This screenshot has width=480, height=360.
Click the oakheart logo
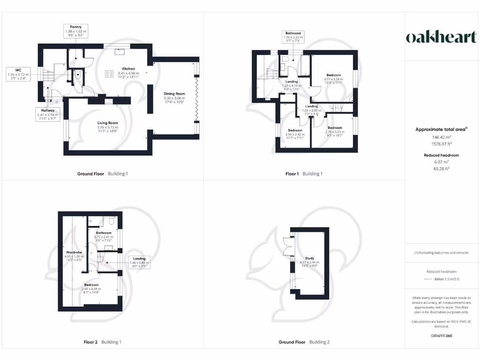tap(441, 37)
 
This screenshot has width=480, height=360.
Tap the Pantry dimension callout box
tap(75, 31)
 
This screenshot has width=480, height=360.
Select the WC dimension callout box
tap(18, 74)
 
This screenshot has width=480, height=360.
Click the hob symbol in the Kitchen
tap(109, 73)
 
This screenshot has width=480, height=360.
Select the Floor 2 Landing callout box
tap(139, 261)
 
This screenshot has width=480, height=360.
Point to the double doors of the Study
tap(286, 246)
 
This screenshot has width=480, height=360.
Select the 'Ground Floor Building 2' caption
tap(304, 342)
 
